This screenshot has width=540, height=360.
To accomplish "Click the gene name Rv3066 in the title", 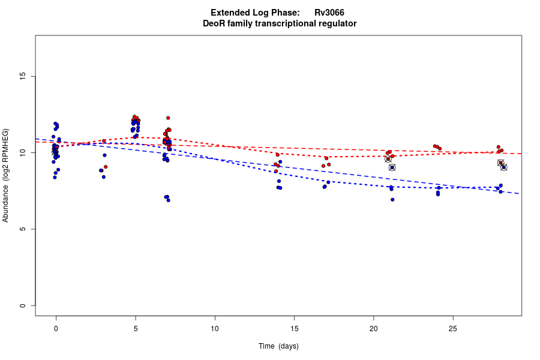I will tap(329, 13).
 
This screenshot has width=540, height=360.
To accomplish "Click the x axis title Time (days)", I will tap(278, 346).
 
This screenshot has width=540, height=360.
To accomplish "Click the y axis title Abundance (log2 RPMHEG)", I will tap(6, 175).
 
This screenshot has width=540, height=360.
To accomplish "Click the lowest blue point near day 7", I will tap(168, 200).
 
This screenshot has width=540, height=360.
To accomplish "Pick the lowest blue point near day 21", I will tap(392, 199).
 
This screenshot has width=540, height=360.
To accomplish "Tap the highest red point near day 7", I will tap(168, 118).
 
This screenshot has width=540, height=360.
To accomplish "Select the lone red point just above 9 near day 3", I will tap(106, 167).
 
